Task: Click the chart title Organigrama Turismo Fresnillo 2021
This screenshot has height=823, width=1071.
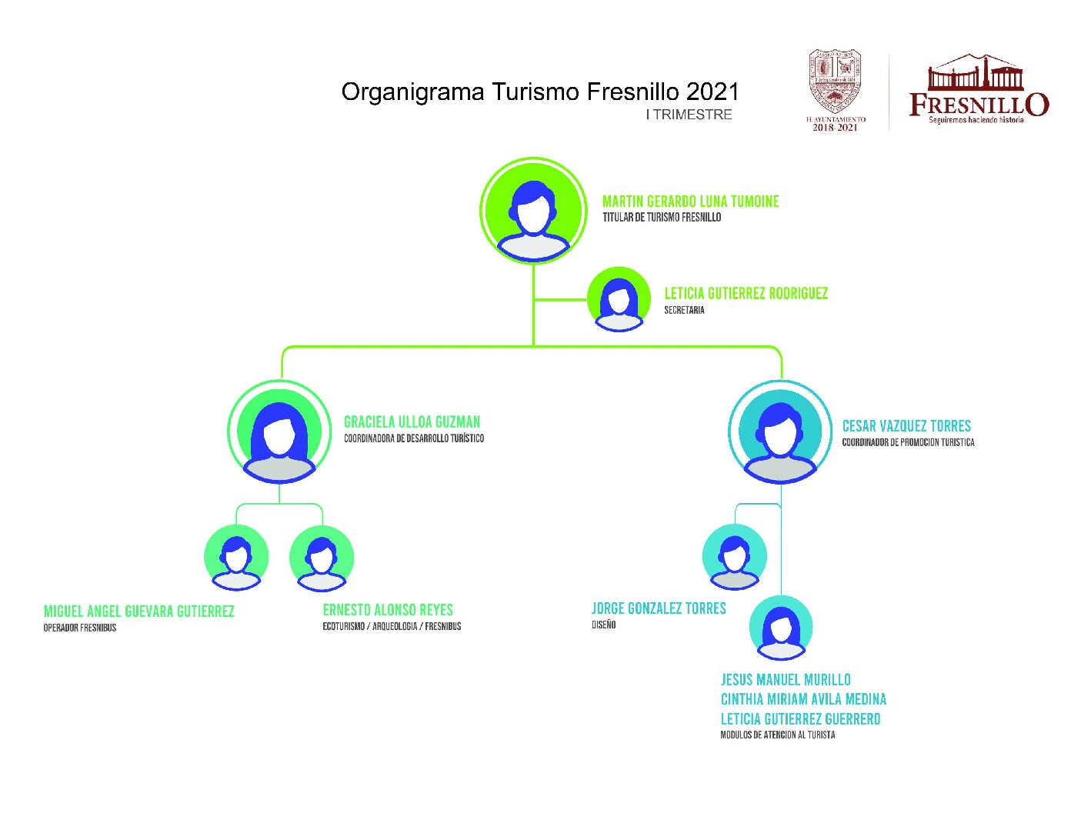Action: (539, 92)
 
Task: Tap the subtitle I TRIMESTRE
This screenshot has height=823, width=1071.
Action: (689, 115)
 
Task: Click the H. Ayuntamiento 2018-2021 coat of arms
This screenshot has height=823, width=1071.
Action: (835, 89)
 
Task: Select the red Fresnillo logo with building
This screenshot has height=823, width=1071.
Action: (978, 89)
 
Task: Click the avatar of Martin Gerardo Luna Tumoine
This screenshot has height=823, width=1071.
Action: (533, 211)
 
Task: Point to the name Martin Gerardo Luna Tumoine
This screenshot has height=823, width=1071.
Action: (690, 202)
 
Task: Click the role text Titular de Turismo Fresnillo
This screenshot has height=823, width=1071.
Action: (662, 218)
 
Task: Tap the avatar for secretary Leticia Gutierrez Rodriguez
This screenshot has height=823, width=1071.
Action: (619, 299)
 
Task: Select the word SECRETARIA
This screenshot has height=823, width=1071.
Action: (684, 310)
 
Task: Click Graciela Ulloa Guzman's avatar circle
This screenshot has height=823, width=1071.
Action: (279, 432)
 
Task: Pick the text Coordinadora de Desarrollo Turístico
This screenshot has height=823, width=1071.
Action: (414, 438)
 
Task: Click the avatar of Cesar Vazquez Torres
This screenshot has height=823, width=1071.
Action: (780, 432)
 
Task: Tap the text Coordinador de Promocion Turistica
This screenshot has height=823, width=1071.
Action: (908, 442)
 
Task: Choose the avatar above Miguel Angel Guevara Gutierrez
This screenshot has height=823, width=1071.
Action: (236, 558)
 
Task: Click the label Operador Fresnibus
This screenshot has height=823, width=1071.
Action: (80, 628)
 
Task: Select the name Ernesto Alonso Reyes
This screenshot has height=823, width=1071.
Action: (388, 610)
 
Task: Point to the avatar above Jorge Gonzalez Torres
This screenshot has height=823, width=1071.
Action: (734, 557)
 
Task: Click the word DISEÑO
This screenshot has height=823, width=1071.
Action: (604, 625)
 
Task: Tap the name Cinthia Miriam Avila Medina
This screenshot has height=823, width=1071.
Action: (803, 699)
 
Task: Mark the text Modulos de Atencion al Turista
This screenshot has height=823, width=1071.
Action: (777, 735)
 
